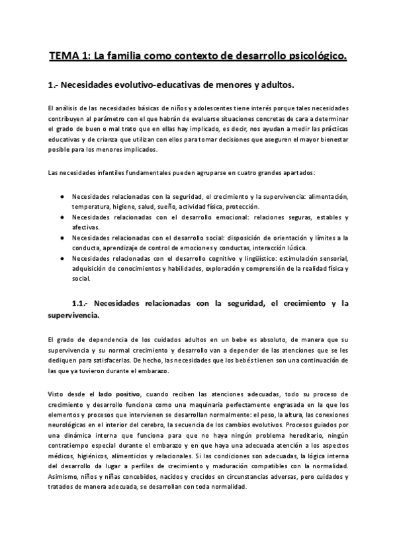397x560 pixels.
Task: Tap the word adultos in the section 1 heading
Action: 271,86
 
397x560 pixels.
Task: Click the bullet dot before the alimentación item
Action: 62,197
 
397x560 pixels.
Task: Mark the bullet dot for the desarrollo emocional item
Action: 62,217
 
